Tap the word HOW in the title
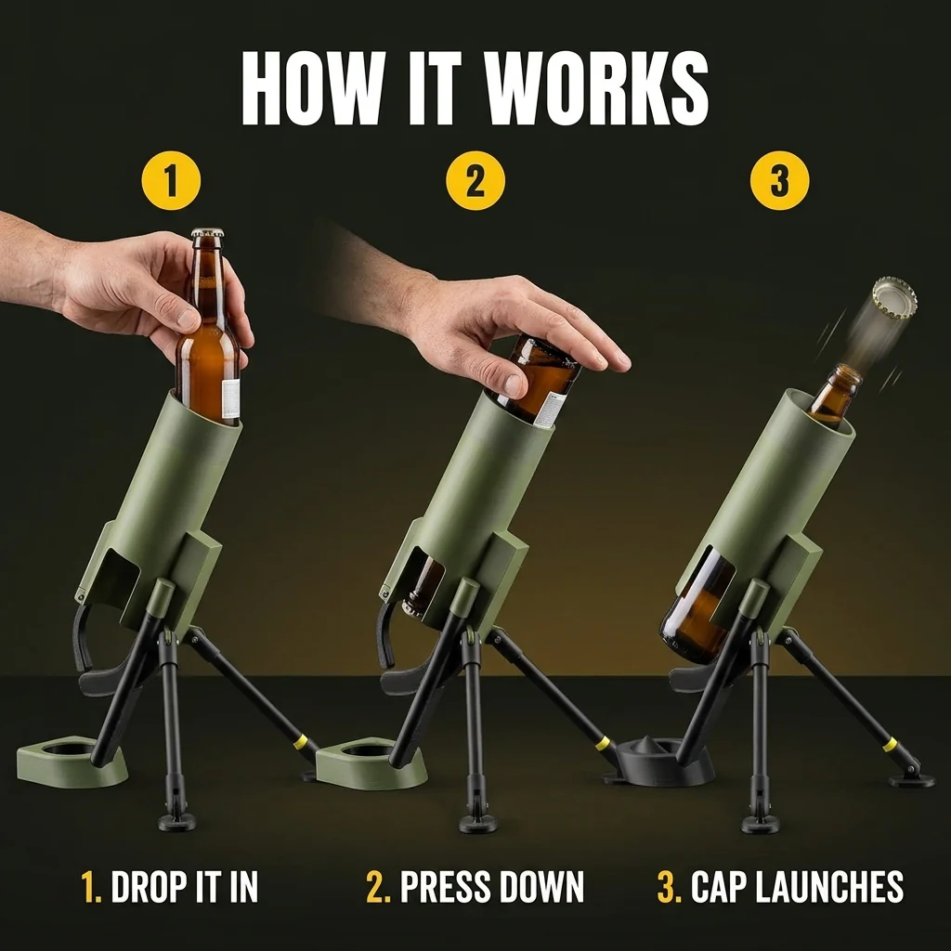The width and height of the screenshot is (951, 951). [309, 88]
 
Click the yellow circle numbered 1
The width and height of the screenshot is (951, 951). [171, 181]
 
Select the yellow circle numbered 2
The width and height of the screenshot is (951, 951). [475, 181]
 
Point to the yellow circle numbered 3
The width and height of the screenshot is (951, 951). [779, 181]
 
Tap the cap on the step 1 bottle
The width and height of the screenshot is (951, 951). [207, 233]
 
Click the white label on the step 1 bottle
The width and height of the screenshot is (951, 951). [230, 398]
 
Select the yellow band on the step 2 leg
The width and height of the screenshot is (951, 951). [602, 743]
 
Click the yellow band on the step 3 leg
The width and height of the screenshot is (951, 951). [890, 744]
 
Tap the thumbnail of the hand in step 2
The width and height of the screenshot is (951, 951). [515, 383]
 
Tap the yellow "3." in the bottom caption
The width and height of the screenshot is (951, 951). [671, 887]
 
